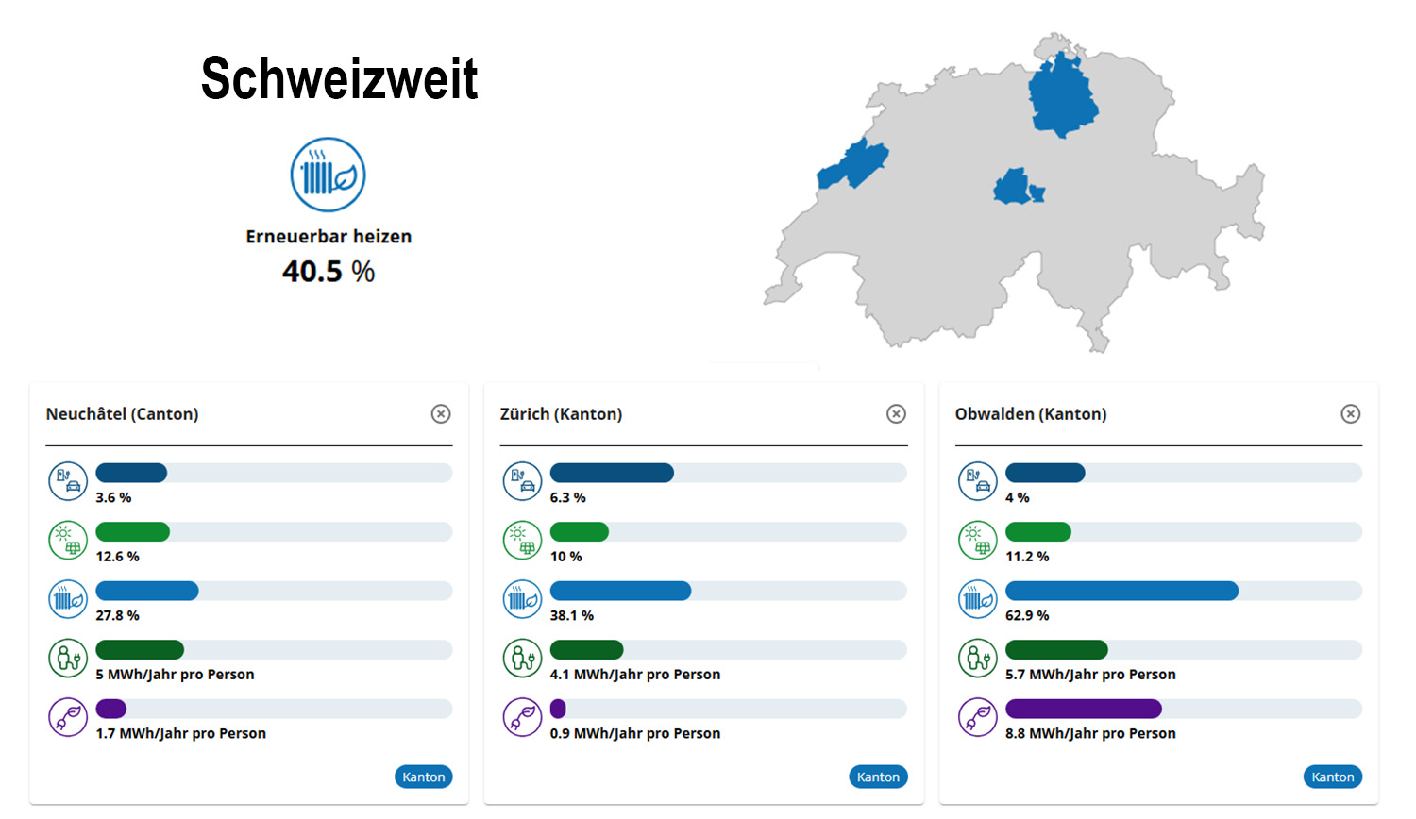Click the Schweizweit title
pyautogui.click(x=339, y=78)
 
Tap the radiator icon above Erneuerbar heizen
pyautogui.click(x=328, y=175)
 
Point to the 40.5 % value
pyautogui.click(x=329, y=272)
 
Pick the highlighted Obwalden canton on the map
pyautogui.click(x=1014, y=187)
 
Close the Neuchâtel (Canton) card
pyautogui.click(x=441, y=413)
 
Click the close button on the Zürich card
pyautogui.click(x=896, y=413)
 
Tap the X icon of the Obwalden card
pyautogui.click(x=1351, y=413)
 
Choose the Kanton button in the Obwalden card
pyautogui.click(x=1332, y=777)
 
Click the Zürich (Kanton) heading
pyautogui.click(x=561, y=414)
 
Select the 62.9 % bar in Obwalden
pyautogui.click(x=1121, y=591)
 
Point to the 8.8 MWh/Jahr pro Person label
pyautogui.click(x=1090, y=733)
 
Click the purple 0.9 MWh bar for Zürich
pyautogui.click(x=558, y=709)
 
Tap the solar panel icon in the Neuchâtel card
pyautogui.click(x=68, y=541)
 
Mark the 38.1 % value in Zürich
pyautogui.click(x=572, y=615)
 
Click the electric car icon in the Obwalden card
pyautogui.click(x=977, y=481)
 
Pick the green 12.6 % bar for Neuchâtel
pyautogui.click(x=133, y=532)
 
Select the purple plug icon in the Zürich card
pyautogui.click(x=522, y=717)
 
